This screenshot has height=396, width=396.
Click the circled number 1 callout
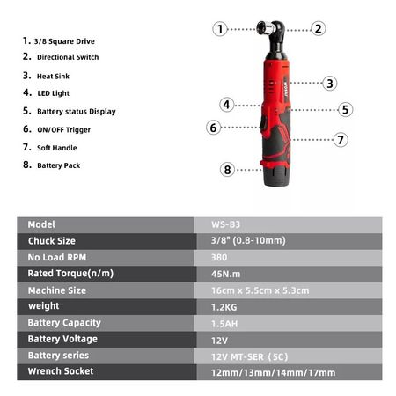(220, 29)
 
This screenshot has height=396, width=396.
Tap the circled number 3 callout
(330, 84)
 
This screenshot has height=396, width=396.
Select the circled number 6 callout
(213, 128)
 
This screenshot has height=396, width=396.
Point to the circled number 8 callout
(227, 170)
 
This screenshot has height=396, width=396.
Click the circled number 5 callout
(345, 109)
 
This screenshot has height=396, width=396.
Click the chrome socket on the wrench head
(265, 28)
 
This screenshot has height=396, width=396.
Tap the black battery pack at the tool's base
(276, 176)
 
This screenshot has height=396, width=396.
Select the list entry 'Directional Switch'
(68, 57)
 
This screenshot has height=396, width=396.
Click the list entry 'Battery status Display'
(77, 112)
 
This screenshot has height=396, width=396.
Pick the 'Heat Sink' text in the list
(53, 77)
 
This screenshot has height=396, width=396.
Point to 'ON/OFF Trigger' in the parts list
(63, 129)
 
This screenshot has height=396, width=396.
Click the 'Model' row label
(41, 224)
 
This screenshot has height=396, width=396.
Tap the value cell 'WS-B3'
(225, 224)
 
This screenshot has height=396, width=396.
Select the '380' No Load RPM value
(219, 258)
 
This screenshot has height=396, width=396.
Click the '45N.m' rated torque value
(225, 274)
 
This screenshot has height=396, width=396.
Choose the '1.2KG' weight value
(224, 307)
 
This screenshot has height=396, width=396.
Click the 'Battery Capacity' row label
(64, 323)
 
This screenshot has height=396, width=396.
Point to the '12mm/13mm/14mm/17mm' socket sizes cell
(273, 372)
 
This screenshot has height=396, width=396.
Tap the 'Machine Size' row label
(57, 290)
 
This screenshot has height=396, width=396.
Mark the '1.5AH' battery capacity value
(224, 324)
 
